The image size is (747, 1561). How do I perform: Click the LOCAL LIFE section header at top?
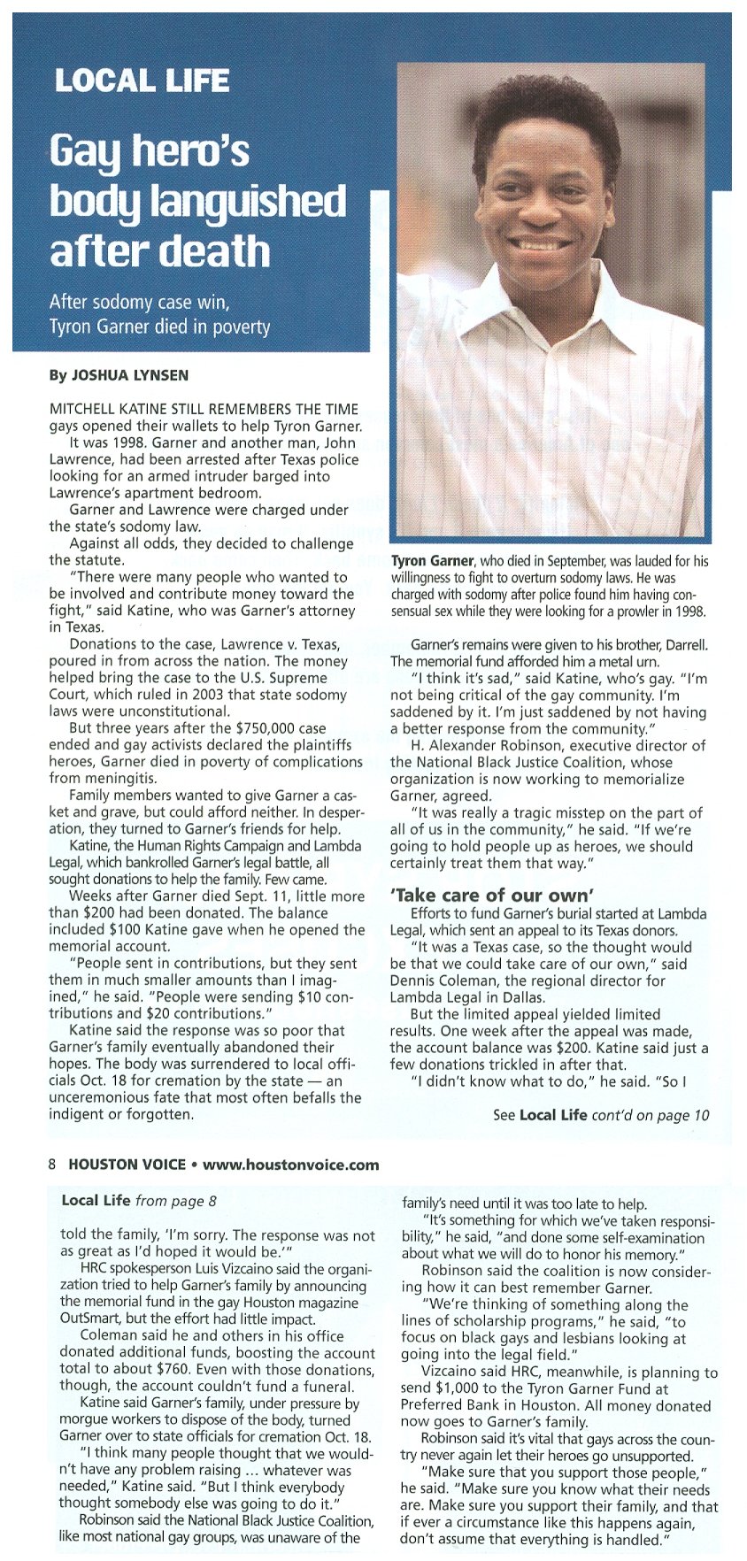(x=142, y=81)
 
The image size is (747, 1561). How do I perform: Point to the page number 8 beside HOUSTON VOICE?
(x=53, y=1165)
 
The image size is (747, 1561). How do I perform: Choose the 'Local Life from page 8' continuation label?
(x=139, y=1201)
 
